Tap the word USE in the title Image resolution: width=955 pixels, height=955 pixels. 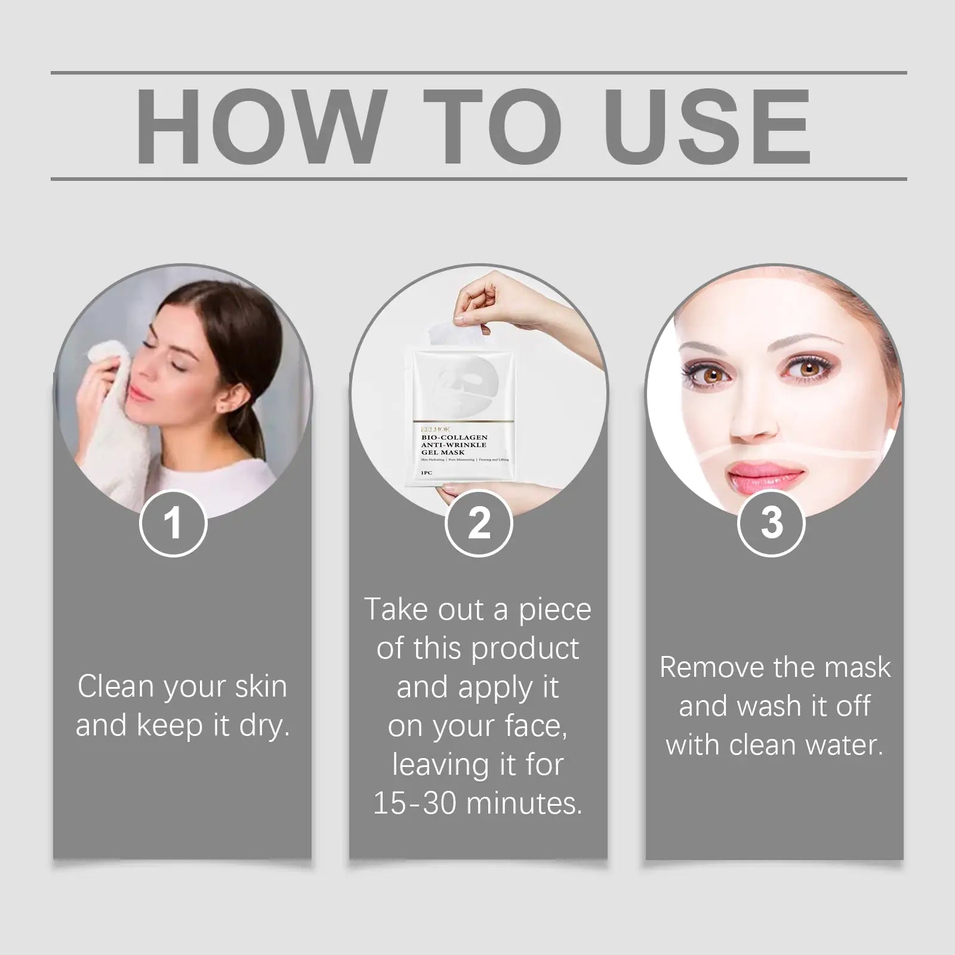pyautogui.click(x=711, y=126)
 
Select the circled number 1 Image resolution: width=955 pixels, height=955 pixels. pyautogui.click(x=173, y=523)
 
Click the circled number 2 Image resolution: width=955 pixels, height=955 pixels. pyautogui.click(x=479, y=523)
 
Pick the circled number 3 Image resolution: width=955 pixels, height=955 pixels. pyautogui.click(x=772, y=523)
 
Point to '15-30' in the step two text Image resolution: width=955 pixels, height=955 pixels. pyautogui.click(x=415, y=803)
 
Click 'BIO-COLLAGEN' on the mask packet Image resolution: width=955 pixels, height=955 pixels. pyautogui.click(x=454, y=438)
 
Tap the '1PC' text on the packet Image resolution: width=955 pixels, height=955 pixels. pyautogui.click(x=426, y=473)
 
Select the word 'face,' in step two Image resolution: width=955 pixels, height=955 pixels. pyautogui.click(x=535, y=726)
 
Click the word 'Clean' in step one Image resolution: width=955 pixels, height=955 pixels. pyautogui.click(x=115, y=686)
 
